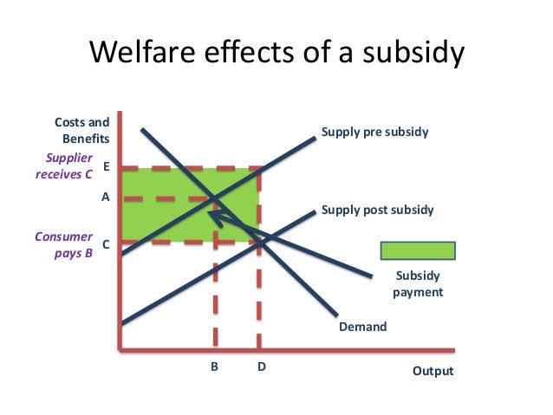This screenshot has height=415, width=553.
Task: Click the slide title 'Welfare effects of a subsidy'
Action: click(x=277, y=55)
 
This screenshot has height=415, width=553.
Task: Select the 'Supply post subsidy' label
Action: click(x=377, y=210)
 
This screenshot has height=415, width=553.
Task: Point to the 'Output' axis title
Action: click(x=433, y=371)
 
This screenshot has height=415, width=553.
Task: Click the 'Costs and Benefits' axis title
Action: click(x=83, y=130)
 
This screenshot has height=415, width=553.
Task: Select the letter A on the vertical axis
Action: click(x=106, y=197)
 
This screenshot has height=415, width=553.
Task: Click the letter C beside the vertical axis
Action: click(x=106, y=244)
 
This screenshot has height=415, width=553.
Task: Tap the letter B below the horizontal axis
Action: click(x=215, y=366)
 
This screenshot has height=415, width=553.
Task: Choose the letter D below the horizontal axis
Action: click(x=261, y=366)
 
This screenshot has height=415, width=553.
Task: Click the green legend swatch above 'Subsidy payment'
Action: click(x=418, y=250)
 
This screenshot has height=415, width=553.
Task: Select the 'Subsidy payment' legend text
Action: click(x=418, y=284)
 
